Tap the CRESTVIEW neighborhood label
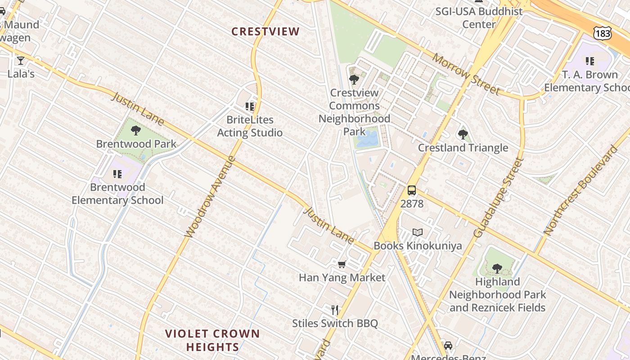click(265, 31)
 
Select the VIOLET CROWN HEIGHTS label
click(212, 340)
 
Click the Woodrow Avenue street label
click(210, 197)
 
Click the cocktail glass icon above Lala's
click(20, 60)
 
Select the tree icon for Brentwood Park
click(135, 131)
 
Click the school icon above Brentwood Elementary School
click(117, 174)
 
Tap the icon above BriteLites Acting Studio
click(250, 107)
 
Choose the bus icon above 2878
click(412, 190)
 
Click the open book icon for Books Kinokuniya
click(418, 233)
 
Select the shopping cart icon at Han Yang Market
click(342, 264)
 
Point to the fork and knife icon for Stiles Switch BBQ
click(335, 310)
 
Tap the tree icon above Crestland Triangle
click(463, 134)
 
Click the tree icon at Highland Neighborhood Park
click(497, 269)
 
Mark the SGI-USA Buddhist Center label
click(479, 18)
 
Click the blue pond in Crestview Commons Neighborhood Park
click(367, 139)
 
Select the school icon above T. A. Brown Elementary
click(589, 61)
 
